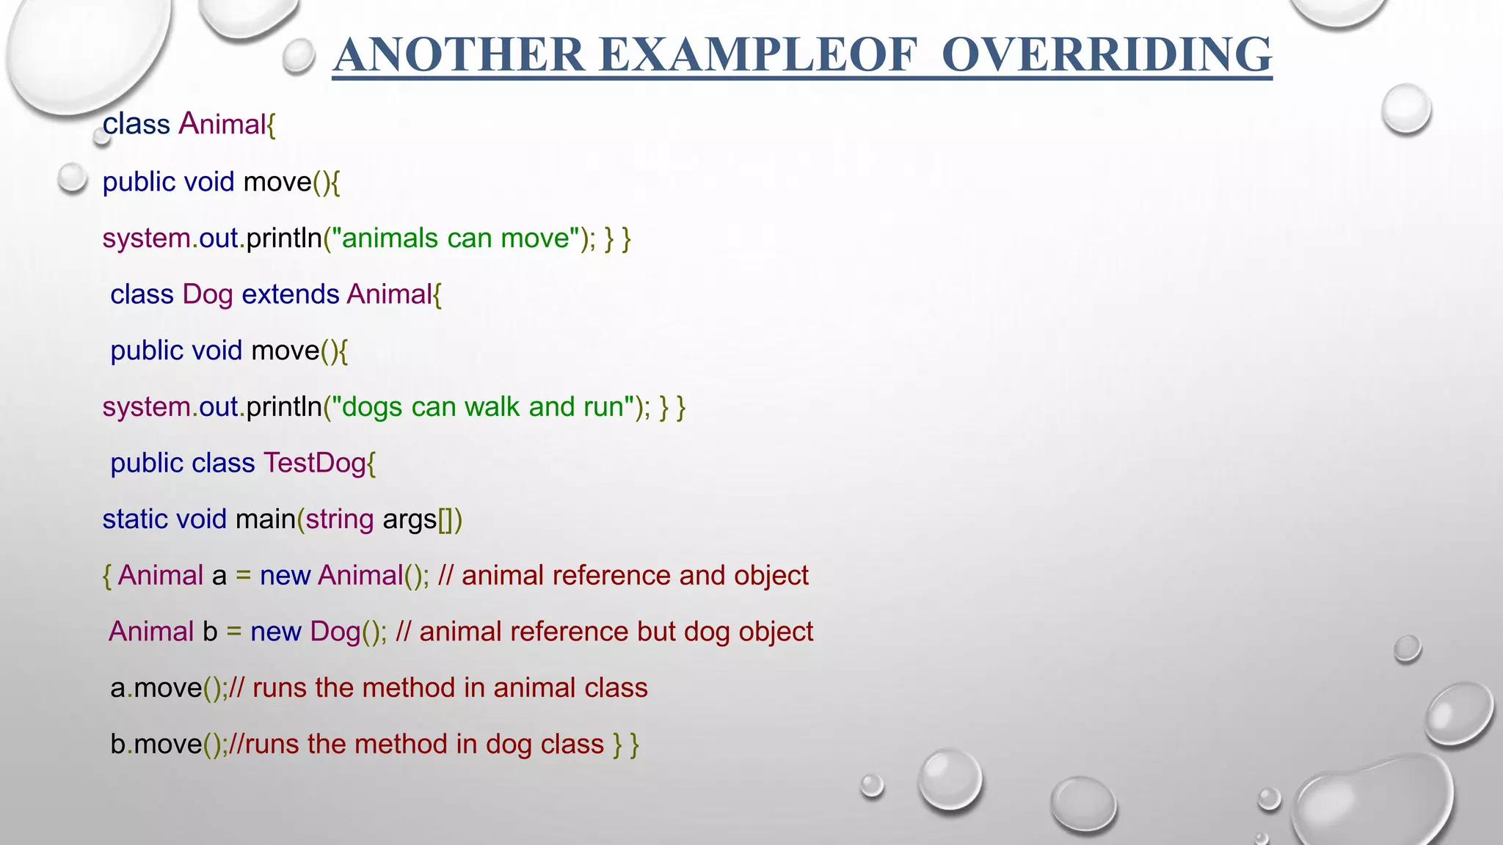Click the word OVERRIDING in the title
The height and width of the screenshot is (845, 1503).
click(x=1106, y=55)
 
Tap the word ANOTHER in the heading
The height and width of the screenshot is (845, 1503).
click(x=459, y=55)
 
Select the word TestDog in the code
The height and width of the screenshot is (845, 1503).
click(x=314, y=463)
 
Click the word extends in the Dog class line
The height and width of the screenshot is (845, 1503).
click(x=290, y=294)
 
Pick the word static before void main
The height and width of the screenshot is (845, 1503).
click(x=135, y=519)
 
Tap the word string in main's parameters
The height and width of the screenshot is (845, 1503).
click(x=340, y=519)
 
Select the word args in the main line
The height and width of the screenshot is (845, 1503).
click(x=410, y=519)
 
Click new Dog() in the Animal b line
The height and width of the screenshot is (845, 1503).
click(x=317, y=632)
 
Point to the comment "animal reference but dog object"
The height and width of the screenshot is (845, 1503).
click(x=615, y=632)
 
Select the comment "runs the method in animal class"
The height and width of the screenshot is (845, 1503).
click(x=449, y=688)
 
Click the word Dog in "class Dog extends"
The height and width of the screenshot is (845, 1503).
click(x=208, y=294)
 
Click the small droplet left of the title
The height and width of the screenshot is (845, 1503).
click(x=298, y=56)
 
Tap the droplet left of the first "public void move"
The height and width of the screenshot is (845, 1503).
click(x=72, y=178)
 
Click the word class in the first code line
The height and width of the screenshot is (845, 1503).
click(x=136, y=124)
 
